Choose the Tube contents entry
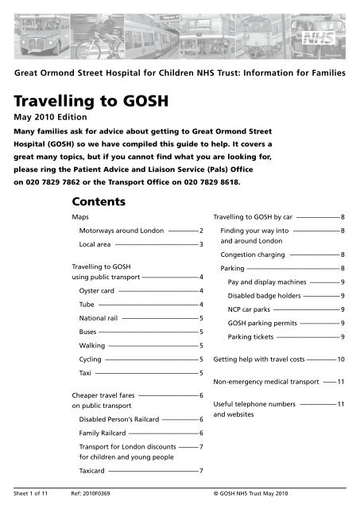click(x=87, y=305)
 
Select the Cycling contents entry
click(x=91, y=359)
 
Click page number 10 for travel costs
click(x=340, y=360)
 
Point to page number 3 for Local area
click(x=202, y=243)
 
